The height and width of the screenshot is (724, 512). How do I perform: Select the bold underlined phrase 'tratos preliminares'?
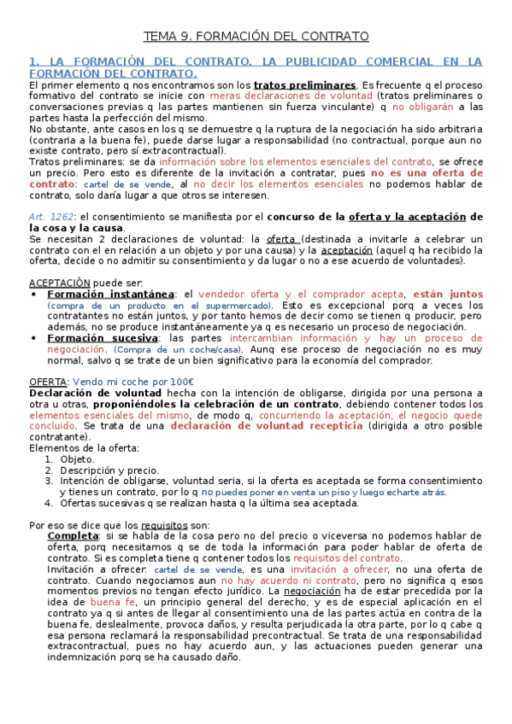click(x=305, y=85)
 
